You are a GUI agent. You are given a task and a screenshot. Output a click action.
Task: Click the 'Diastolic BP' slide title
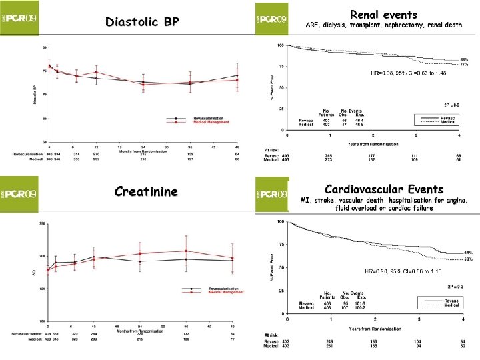point(142,22)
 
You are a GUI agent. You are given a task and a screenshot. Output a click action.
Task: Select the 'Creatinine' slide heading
point(146,192)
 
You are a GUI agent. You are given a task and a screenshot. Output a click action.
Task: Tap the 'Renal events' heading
point(383,14)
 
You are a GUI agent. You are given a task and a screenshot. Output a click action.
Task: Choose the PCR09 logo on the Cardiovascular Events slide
point(272,195)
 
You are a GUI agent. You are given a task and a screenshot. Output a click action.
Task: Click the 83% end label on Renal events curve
point(464,59)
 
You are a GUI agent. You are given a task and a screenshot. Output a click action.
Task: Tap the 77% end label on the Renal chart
point(464,65)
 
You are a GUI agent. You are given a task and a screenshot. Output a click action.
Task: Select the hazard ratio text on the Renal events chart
point(408,72)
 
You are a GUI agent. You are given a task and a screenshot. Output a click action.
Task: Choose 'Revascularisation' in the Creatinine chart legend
point(209,289)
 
